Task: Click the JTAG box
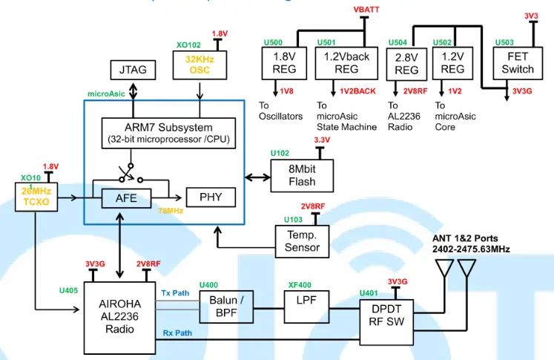(x=133, y=70)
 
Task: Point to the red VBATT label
(x=365, y=10)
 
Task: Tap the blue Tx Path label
(x=177, y=292)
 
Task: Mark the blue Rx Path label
(x=177, y=333)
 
